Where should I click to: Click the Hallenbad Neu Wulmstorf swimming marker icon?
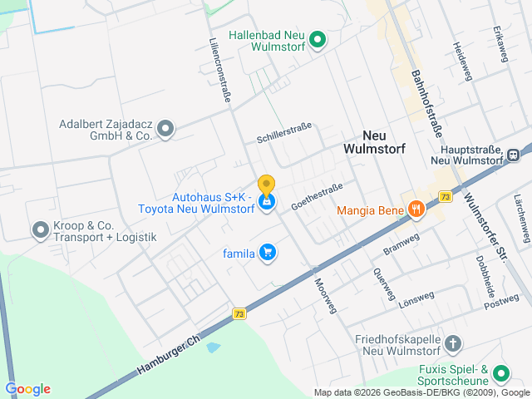point(317,39)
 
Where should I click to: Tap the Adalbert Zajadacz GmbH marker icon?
point(165,128)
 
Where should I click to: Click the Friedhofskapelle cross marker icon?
point(453,343)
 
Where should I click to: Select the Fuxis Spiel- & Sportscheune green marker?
point(500,373)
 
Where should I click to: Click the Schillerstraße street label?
point(283,131)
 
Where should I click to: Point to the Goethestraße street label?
point(317,197)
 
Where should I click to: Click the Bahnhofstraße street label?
point(425,103)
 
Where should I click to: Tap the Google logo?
point(27,389)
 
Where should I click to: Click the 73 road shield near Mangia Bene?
point(446,197)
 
